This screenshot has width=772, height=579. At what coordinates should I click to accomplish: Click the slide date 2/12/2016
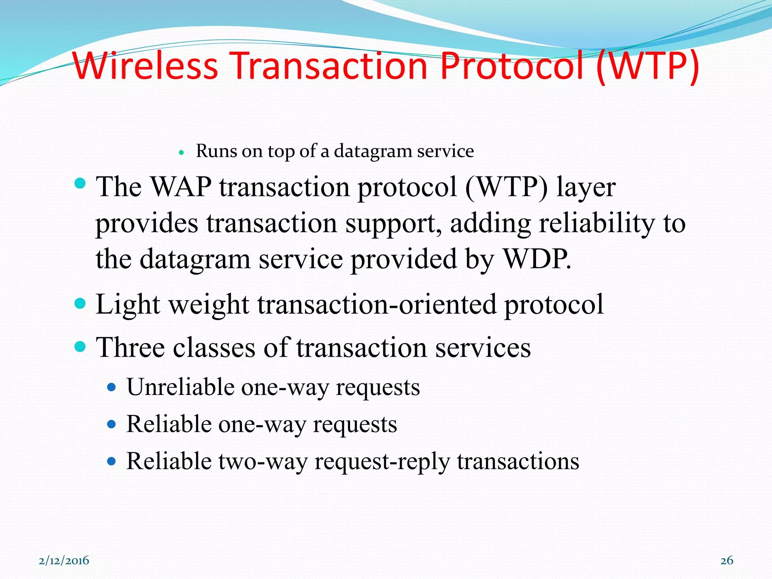pos(64,561)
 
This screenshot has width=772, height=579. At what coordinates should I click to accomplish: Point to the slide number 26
pos(727,561)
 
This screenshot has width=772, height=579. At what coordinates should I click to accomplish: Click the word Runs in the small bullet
pos(217,151)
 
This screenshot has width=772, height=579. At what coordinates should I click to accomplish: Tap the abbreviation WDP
pos(537,259)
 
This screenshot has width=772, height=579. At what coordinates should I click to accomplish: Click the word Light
pos(128,304)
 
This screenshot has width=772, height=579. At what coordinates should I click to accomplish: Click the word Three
pos(130,347)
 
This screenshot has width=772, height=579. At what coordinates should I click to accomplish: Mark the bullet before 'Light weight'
pos(80,303)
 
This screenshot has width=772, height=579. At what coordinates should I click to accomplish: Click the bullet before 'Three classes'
pos(80,346)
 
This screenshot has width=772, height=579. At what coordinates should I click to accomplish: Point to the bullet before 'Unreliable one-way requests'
pos(111,387)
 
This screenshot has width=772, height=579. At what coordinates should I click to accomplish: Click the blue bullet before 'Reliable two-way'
pos(111,461)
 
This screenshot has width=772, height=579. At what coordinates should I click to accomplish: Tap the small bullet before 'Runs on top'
pos(181,153)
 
